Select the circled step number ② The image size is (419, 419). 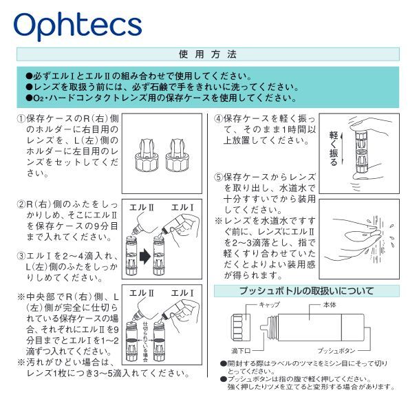(21, 204)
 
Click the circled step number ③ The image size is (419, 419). (21, 256)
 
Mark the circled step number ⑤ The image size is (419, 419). (218, 177)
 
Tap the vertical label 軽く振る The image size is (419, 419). (334, 147)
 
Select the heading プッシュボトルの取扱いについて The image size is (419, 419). (305, 290)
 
